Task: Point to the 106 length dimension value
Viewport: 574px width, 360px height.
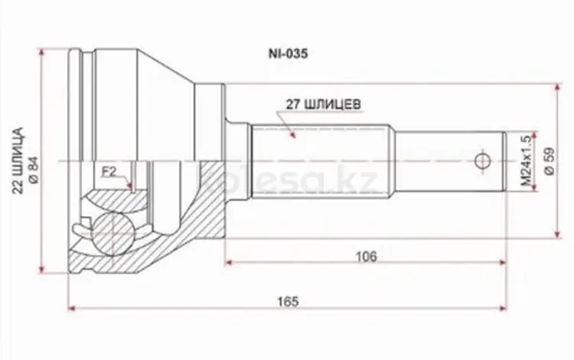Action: (x=367, y=256)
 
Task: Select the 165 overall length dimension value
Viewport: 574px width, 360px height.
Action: (x=285, y=300)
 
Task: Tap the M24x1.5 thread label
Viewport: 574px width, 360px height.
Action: (x=525, y=162)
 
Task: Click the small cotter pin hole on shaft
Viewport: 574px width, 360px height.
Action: (x=482, y=161)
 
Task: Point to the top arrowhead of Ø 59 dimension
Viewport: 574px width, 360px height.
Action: (x=555, y=87)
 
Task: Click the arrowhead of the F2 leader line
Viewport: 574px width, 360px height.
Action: (x=132, y=188)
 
